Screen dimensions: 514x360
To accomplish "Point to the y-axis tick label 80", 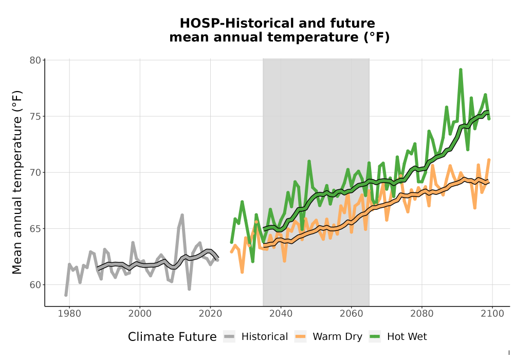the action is pyautogui.click(x=35, y=60).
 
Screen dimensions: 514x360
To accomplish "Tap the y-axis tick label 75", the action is pyautogui.click(x=35, y=116).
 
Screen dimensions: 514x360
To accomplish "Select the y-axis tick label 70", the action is pyautogui.click(x=35, y=172).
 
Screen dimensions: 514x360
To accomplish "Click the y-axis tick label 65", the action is pyautogui.click(x=35, y=228).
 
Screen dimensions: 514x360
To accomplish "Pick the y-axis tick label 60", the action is pyautogui.click(x=35, y=284).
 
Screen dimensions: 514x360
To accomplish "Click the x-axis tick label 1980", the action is pyautogui.click(x=69, y=314).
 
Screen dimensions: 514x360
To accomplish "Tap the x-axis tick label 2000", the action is pyautogui.click(x=140, y=314).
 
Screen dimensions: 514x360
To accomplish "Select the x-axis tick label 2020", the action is pyautogui.click(x=210, y=314).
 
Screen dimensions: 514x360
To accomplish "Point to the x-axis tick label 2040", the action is pyautogui.click(x=281, y=314).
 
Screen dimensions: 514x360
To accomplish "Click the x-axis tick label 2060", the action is pyautogui.click(x=352, y=314).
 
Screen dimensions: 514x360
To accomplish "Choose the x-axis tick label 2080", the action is pyautogui.click(x=422, y=314).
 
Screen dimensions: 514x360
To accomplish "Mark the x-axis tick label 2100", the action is pyautogui.click(x=492, y=314).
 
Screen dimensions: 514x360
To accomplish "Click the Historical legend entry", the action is pyautogui.click(x=255, y=337).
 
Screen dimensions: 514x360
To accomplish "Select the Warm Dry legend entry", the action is pyautogui.click(x=328, y=337).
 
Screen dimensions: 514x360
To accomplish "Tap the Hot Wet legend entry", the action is pyautogui.click(x=398, y=337).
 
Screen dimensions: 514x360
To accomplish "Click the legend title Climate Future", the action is pyautogui.click(x=172, y=337).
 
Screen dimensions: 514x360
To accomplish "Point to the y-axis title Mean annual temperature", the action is pyautogui.click(x=17, y=182).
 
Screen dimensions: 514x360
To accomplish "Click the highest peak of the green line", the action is pyautogui.click(x=461, y=69).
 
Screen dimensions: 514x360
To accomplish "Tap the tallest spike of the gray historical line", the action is pyautogui.click(x=182, y=215).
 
